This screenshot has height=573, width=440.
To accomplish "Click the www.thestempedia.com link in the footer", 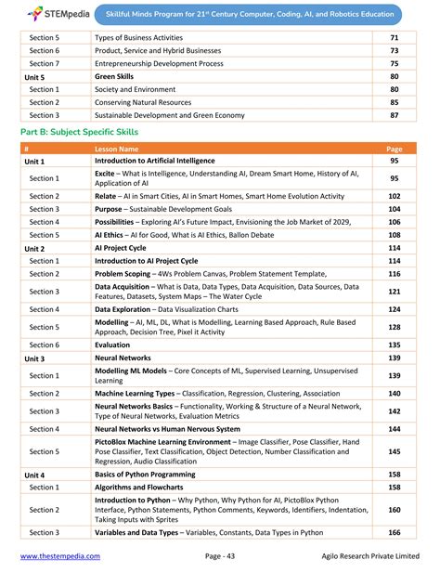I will (x=60, y=556).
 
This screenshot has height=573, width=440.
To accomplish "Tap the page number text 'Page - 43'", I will (x=226, y=556).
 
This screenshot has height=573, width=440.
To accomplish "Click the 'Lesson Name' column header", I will (x=117, y=149).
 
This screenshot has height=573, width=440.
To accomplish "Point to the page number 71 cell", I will (x=394, y=37).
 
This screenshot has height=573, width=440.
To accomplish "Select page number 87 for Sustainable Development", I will (x=394, y=115).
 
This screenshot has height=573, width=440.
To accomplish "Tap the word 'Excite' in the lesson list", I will (x=105, y=175).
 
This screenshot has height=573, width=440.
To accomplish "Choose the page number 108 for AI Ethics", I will (x=394, y=235).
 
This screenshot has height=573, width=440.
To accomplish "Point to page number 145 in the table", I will (x=394, y=451).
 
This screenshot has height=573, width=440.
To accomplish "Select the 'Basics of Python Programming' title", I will (x=149, y=474).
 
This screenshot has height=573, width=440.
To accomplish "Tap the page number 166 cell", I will (x=394, y=532).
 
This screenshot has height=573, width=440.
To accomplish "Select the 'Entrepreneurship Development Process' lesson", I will (x=158, y=63).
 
